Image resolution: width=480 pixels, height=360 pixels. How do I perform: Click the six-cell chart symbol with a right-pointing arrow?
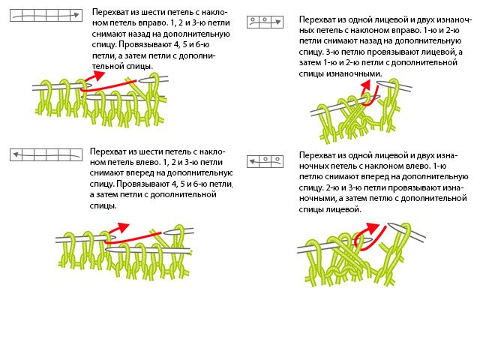click(x=46, y=15)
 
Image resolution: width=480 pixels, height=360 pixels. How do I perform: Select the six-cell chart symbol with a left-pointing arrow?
click(x=46, y=154)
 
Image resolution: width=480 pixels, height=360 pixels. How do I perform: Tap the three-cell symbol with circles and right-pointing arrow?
click(x=265, y=22)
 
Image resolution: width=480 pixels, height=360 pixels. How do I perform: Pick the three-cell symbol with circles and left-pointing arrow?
click(x=265, y=161)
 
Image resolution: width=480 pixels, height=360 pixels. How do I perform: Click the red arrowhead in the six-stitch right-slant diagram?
click(x=98, y=75)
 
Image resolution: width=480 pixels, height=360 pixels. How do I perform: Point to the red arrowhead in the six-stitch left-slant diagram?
click(x=122, y=227)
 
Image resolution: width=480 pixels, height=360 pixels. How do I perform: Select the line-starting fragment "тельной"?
click(x=106, y=66)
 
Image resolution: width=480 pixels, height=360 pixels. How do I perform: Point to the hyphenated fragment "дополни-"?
click(x=197, y=55)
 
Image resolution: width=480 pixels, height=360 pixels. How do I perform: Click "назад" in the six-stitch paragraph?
click(x=142, y=34)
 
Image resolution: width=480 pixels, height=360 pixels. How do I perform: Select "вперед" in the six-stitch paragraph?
click(x=142, y=173)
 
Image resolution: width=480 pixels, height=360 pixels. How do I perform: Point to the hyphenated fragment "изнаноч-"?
click(x=454, y=20)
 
